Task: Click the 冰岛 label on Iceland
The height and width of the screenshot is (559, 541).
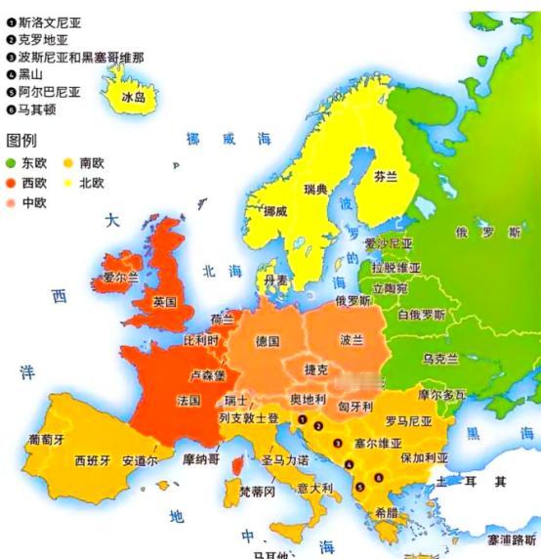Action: (133, 98)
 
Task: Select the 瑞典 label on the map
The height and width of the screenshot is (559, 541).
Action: (314, 188)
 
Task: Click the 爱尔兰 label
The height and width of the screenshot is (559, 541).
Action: (120, 278)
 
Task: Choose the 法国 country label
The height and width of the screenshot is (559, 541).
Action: (188, 401)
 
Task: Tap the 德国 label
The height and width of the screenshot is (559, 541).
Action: (268, 341)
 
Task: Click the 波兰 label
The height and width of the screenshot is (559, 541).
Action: (352, 341)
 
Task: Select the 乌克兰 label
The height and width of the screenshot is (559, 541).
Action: (439, 360)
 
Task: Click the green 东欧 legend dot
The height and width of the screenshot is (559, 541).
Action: (12, 162)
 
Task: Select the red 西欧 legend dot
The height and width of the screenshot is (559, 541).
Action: (12, 183)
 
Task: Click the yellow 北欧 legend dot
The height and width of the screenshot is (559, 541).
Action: (69, 183)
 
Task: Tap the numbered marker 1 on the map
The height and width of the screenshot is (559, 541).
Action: (304, 422)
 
